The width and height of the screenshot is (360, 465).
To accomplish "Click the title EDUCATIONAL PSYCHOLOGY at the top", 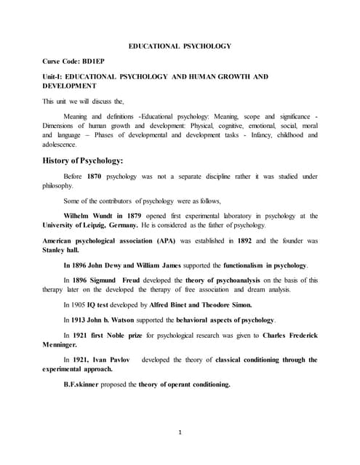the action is click(x=180, y=46).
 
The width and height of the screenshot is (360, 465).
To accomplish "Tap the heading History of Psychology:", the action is click(x=87, y=160).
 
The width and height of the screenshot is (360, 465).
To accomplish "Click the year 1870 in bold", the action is click(x=95, y=177).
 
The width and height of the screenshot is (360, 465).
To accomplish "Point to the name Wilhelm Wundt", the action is click(x=92, y=216).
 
